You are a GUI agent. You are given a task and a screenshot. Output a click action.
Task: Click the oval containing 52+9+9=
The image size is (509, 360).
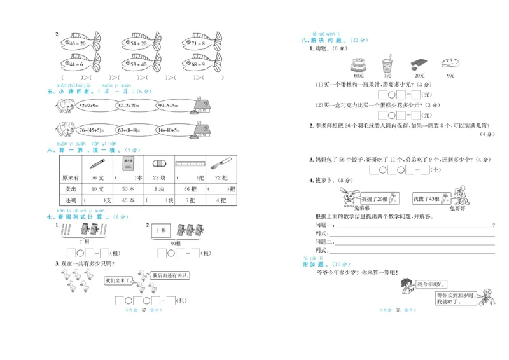pyautogui.click(x=80, y=106)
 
